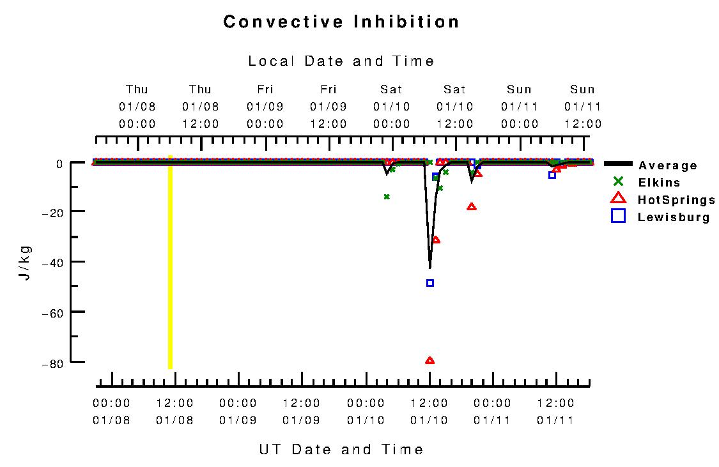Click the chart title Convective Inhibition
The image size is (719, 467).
point(341,22)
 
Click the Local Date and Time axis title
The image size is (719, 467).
point(341,61)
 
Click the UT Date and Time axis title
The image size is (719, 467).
point(341,449)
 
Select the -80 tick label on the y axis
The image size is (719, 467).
point(53,363)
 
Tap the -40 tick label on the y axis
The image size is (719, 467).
point(53,261)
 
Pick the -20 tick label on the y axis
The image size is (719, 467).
point(53,211)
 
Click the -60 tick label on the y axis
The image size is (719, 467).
point(53,312)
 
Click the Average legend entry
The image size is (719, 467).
point(668,165)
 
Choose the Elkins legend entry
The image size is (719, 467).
point(659,182)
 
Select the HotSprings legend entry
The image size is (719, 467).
point(676,200)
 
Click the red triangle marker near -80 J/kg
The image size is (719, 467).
point(429,360)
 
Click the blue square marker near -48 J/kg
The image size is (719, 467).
point(430,283)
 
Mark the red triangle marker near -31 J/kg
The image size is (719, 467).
point(436,240)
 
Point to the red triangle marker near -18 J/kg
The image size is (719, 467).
point(472,206)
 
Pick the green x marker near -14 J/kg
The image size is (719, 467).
point(387,197)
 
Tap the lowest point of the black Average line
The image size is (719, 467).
point(429,268)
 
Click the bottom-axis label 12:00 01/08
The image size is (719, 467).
point(174,411)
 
